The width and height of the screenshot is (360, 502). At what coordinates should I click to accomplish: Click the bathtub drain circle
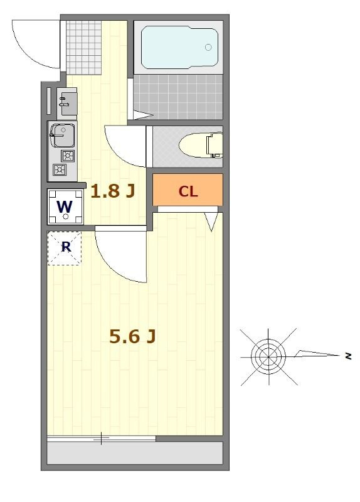[208, 48]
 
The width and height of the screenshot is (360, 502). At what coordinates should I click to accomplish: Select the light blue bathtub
[179, 48]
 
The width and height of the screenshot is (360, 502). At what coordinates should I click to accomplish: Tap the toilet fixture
[201, 146]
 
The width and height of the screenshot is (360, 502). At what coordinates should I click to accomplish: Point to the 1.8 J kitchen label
[112, 191]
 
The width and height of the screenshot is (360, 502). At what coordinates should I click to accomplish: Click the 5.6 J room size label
[132, 336]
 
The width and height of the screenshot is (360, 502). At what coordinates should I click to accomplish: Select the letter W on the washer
[65, 207]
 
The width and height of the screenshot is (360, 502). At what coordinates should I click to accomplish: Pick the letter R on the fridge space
[66, 247]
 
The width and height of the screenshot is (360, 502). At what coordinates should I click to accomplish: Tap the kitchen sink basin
[63, 136]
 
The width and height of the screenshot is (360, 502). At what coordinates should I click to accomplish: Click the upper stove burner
[68, 156]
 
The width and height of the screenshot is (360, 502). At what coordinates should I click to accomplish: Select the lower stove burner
[60, 169]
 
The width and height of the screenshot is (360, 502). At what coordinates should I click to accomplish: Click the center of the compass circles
[268, 356]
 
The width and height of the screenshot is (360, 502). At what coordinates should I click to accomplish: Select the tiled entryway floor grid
[83, 48]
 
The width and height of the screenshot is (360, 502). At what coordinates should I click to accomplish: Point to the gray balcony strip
[135, 453]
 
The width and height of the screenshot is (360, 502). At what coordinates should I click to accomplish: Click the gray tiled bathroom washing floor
[178, 97]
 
